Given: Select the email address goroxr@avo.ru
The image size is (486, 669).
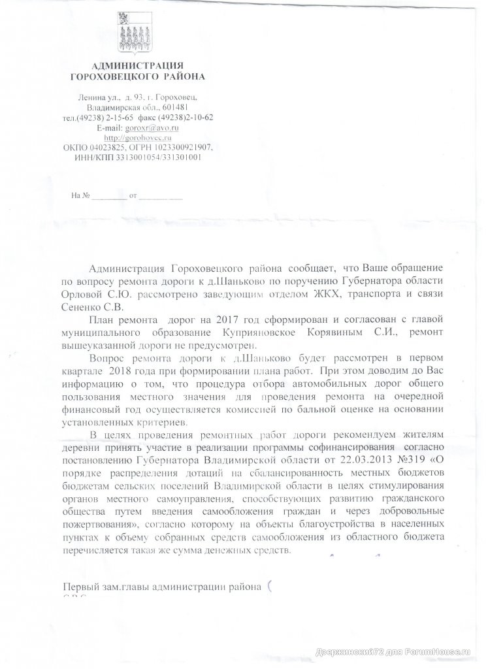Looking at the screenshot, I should tap(156, 127).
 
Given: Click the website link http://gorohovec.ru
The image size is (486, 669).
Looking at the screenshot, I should tap(134, 137).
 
